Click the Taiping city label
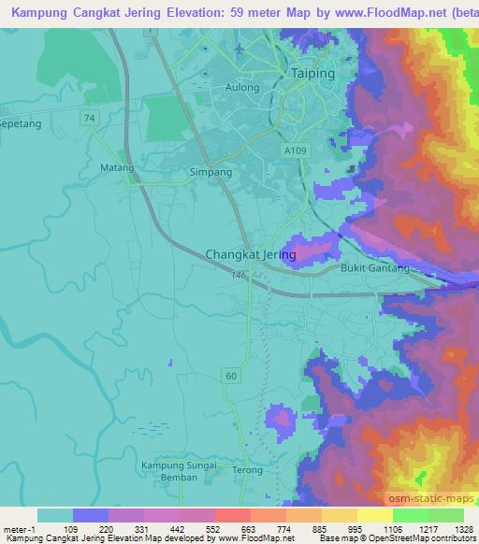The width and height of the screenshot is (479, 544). pos(312,73)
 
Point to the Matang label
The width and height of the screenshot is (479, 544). pos(117,168)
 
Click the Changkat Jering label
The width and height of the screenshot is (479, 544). pos(251,253)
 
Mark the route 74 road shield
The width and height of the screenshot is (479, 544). pos(88,117)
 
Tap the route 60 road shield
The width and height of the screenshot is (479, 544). pos(230,375)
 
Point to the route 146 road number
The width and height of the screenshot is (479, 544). pos(239,275)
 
